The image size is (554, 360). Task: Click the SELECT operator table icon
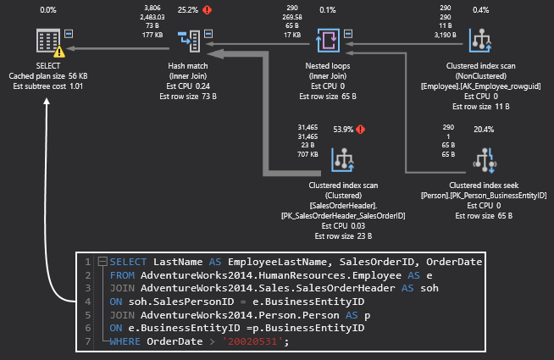48,41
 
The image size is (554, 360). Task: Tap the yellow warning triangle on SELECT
59,52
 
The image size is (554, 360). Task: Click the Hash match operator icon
189,41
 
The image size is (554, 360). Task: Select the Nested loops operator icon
328,41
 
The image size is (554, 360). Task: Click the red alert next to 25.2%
207,10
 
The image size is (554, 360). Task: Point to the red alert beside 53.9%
360,130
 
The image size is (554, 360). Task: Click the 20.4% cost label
484,130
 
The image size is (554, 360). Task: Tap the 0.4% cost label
481,10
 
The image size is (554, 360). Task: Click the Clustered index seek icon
485,160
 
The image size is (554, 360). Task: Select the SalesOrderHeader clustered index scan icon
343,160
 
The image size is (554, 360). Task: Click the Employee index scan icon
480,41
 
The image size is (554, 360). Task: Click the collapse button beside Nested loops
348,34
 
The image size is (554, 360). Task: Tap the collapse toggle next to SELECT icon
69,34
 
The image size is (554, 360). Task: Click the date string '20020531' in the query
252,341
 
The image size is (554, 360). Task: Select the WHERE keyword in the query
125,341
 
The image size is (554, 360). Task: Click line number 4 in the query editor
87,302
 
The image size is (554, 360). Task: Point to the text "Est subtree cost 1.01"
48,86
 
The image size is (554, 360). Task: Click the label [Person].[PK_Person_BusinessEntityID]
484,196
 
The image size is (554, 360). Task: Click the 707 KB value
307,154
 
